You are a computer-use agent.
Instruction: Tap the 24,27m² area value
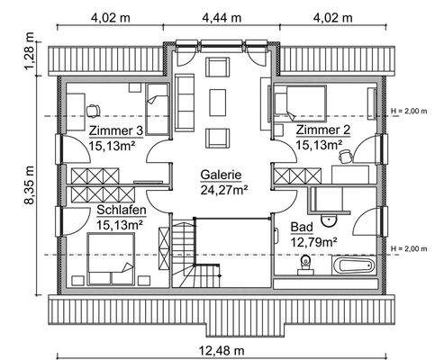click(x=222, y=191)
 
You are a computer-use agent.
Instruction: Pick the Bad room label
click(x=302, y=228)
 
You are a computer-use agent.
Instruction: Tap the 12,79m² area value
click(x=313, y=242)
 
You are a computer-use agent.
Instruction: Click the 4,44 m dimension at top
click(x=222, y=15)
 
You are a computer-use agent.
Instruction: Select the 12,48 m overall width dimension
click(x=221, y=349)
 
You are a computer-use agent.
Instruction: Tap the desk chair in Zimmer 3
click(x=94, y=109)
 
